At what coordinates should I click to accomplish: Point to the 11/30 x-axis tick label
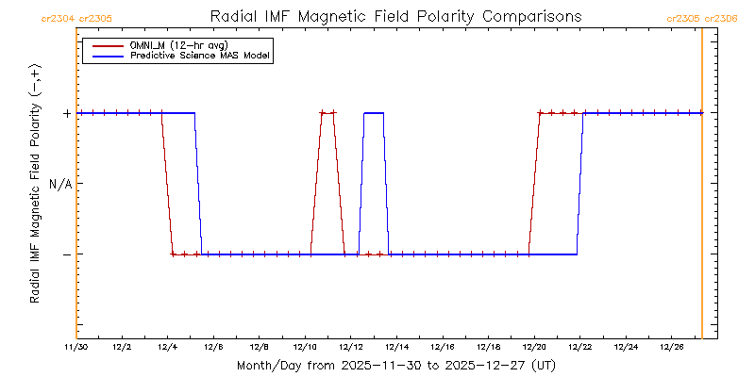pyautogui.click(x=76, y=348)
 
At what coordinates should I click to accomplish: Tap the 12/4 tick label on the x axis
pyautogui.click(x=168, y=348)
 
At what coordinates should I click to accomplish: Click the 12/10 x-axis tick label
pyautogui.click(x=305, y=348)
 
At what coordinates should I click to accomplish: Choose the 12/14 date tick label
pyautogui.click(x=396, y=348)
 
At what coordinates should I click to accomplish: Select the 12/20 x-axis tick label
pyautogui.click(x=534, y=348)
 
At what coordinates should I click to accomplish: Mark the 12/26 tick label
pyautogui.click(x=671, y=348)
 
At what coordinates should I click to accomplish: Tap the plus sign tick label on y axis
pyautogui.click(x=66, y=113)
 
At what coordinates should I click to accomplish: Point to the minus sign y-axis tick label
pyautogui.click(x=66, y=254)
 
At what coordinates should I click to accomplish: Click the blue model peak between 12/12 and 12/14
pyautogui.click(x=374, y=113)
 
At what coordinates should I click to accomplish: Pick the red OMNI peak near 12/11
pyautogui.click(x=327, y=113)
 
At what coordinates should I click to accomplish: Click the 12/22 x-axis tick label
pyautogui.click(x=579, y=348)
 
